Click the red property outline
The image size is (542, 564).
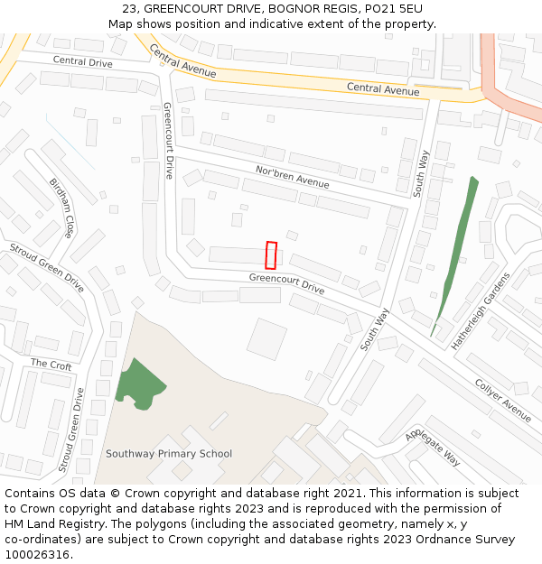(x=270, y=255)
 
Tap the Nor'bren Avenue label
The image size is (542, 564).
(x=292, y=177)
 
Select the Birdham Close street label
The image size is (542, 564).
(x=61, y=208)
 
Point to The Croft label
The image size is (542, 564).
(x=51, y=365)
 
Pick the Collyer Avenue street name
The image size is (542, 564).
(x=503, y=398)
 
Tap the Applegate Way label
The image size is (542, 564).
(x=433, y=447)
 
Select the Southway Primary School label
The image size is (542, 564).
(x=169, y=454)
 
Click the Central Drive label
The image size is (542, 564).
(x=82, y=61)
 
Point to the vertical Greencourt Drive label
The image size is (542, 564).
(x=168, y=140)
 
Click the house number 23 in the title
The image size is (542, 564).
(x=129, y=8)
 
